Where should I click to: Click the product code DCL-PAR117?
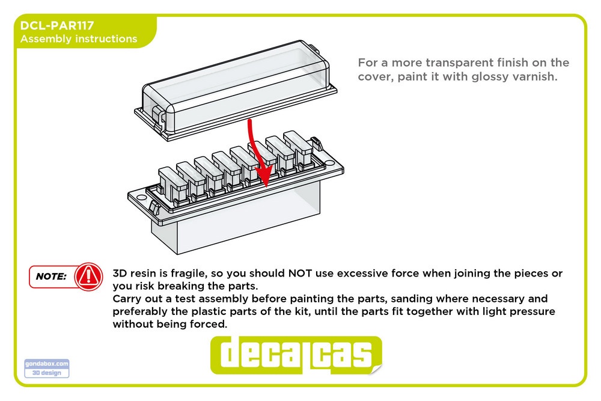tap(56, 25)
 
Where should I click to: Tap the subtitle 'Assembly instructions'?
tap(79, 38)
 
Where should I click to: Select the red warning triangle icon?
tap(88, 276)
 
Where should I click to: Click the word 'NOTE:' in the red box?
tap(51, 277)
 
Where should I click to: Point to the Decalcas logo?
tap(296, 355)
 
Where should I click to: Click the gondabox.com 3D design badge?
tap(47, 369)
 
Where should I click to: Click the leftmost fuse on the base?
tap(172, 185)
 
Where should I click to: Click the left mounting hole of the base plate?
tap(141, 198)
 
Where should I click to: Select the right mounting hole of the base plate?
tap(329, 163)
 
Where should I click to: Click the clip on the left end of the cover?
tap(158, 115)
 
